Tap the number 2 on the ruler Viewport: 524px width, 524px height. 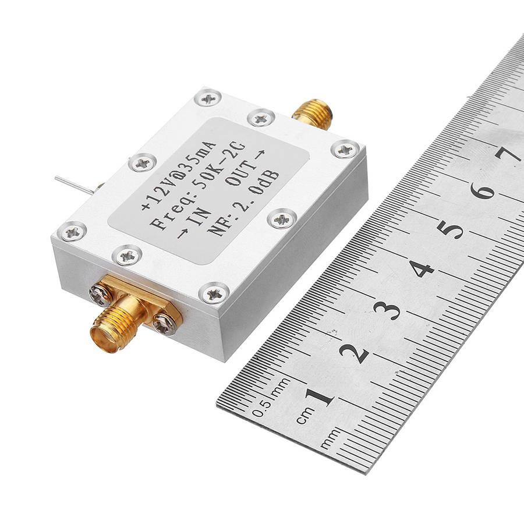[x=354, y=353]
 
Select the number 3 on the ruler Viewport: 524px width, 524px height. [x=387, y=310]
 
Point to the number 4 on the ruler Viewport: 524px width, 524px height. [x=422, y=268]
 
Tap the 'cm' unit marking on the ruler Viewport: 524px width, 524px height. [x=305, y=415]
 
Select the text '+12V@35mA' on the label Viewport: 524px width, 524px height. [x=179, y=176]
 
